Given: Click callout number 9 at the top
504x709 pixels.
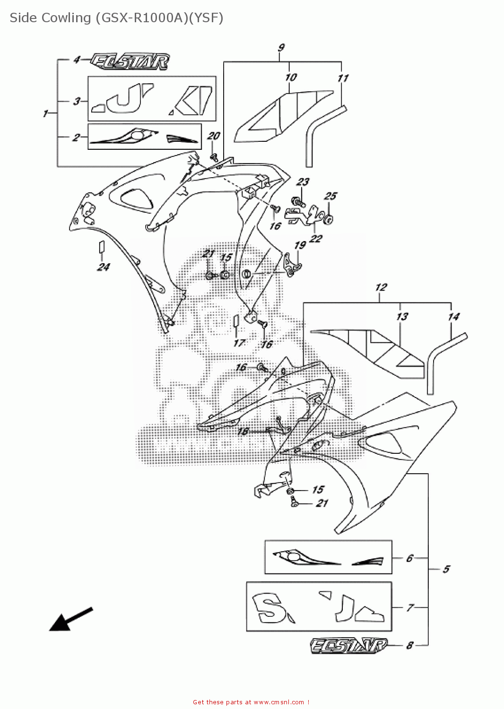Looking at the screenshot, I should pyautogui.click(x=281, y=48).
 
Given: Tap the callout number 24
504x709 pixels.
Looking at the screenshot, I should pyautogui.click(x=103, y=267).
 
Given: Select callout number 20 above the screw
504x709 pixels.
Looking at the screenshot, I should pyautogui.click(x=214, y=136).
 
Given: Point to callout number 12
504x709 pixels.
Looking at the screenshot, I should pyautogui.click(x=381, y=287).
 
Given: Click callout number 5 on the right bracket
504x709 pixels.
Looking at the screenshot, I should pyautogui.click(x=446, y=569).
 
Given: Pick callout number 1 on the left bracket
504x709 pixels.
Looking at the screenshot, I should pyautogui.click(x=46, y=113).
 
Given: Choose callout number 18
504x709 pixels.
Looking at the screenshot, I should pyautogui.click(x=243, y=431).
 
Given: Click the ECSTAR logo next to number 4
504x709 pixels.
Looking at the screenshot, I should pyautogui.click(x=130, y=61).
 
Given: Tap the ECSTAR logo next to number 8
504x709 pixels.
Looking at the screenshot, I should pyautogui.click(x=349, y=646).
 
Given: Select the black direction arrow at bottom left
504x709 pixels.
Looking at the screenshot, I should pyautogui.click(x=70, y=619).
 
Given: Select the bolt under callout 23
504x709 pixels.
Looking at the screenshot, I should pyautogui.click(x=298, y=202).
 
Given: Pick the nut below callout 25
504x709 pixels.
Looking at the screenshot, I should pyautogui.click(x=328, y=218).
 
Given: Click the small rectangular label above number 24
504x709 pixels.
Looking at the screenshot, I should pyautogui.click(x=101, y=247).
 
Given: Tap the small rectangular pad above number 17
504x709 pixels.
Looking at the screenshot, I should pyautogui.click(x=235, y=320).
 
